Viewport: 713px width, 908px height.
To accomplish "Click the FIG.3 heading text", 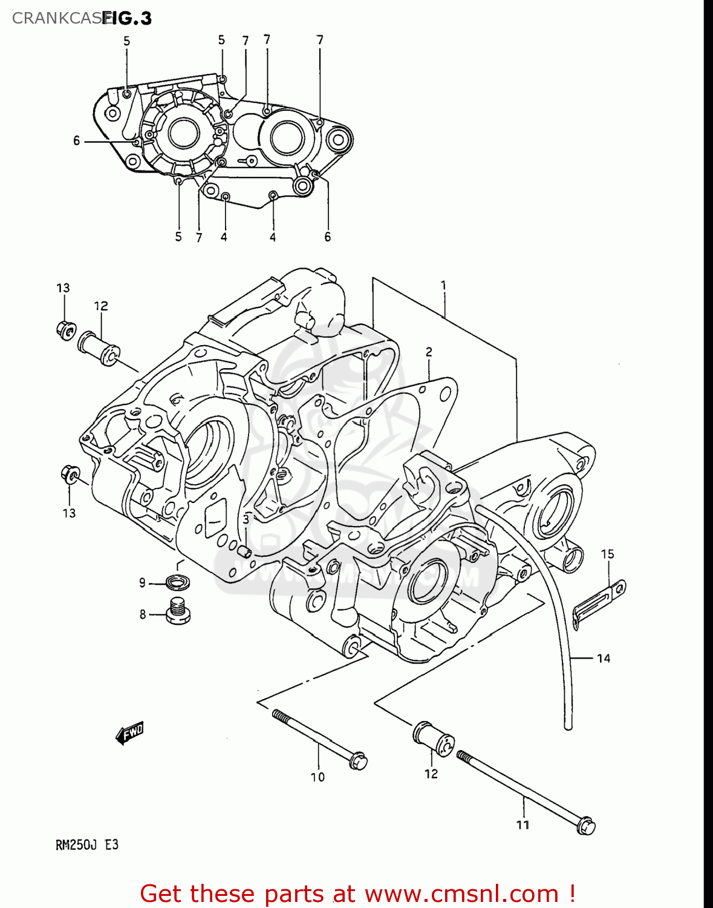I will pos(127,18).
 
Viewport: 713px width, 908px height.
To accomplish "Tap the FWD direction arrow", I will pos(129,733).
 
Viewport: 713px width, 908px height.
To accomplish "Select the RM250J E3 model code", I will pos(87,844).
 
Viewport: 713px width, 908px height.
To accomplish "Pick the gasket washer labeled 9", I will pos(178,582).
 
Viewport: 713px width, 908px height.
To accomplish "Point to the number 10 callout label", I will pos(317,777).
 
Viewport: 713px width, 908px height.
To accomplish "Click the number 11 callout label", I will pos(523,824).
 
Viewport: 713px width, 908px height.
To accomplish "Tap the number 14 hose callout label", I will pos(603,659).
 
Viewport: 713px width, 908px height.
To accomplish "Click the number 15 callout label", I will pos(607,554).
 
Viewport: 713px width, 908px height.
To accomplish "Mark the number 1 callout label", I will pos(443,285).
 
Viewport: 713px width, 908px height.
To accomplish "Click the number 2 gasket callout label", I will pos(429,352).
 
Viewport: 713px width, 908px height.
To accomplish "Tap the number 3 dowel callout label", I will pos(246,519).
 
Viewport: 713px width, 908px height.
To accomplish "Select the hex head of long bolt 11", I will pos(585,826).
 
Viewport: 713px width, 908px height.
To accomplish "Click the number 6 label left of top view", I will pos(76,140).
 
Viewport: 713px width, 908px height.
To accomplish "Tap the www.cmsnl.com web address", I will pos(461,893).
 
